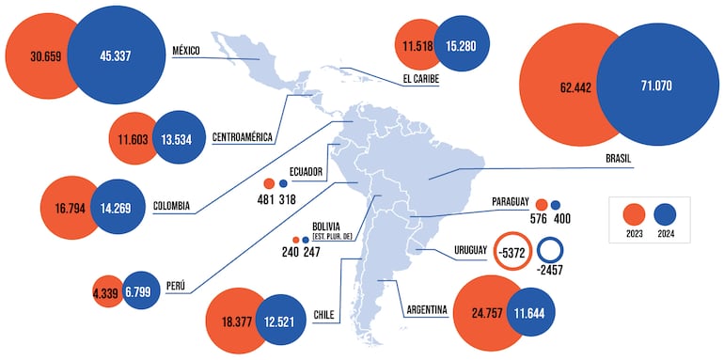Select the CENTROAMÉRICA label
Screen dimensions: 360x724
243,137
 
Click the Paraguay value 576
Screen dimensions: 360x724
538,219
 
